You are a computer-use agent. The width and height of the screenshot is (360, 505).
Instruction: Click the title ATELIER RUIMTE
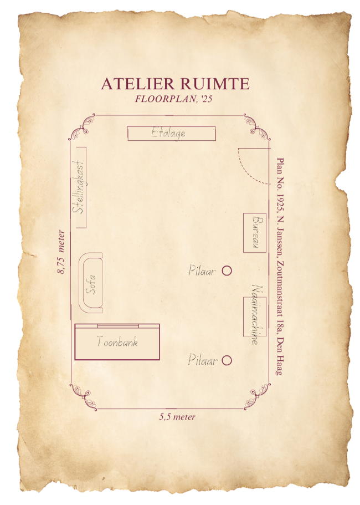pos(175,84)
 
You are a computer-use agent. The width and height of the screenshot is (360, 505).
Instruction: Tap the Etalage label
pos(168,133)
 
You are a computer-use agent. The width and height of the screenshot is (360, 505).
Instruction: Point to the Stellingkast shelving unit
pos(80,187)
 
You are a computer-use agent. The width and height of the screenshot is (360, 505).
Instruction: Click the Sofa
pos(91,283)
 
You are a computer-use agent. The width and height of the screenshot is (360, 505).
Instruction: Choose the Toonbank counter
pos(117,342)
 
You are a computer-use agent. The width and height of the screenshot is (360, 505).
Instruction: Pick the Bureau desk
pos(255,232)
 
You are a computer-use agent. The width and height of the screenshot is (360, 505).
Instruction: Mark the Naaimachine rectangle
pos(255,316)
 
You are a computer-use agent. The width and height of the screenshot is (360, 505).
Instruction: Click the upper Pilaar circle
pos(227,271)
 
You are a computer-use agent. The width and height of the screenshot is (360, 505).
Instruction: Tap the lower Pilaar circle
pos(227,360)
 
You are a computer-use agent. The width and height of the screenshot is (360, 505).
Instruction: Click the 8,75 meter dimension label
pos(61,252)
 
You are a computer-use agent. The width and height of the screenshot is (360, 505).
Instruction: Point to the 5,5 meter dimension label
pos(177,416)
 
